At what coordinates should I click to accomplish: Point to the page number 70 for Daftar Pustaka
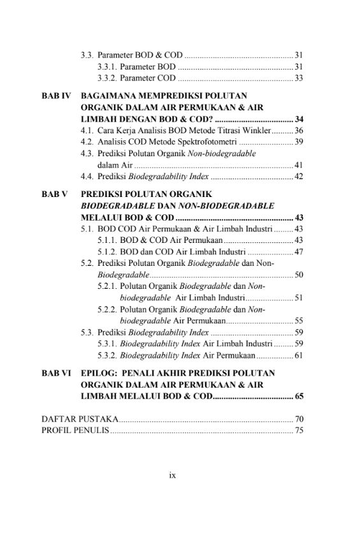coord(298,419)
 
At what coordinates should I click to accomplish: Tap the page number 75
coord(298,431)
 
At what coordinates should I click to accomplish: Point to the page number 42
coord(298,177)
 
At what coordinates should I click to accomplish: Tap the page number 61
coord(298,355)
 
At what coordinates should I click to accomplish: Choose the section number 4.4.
coord(87,177)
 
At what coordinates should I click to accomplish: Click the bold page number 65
coord(298,397)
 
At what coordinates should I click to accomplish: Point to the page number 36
coord(298,130)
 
